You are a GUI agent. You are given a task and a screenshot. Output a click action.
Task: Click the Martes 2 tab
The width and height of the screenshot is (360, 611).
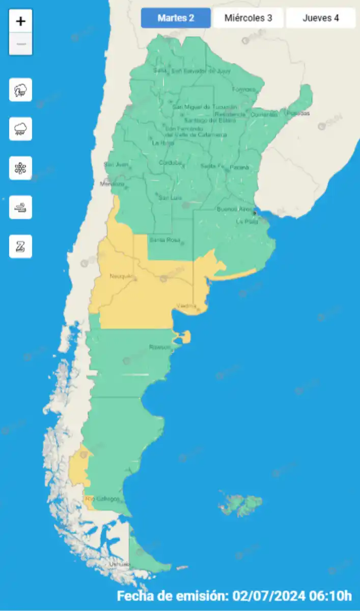point(176,18)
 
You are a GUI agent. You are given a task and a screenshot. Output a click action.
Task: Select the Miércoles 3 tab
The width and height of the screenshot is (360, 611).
point(248,18)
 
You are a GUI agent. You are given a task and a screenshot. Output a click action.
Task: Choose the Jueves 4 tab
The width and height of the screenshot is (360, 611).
point(321,18)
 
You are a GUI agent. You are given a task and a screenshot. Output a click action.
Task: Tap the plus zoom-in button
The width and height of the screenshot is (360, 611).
point(21,21)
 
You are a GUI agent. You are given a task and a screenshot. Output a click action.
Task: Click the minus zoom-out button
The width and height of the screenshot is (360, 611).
point(21,44)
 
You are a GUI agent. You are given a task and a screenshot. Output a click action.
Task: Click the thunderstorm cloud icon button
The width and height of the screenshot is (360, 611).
point(21,90)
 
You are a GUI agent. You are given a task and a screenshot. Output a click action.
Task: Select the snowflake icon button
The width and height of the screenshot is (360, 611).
point(21,168)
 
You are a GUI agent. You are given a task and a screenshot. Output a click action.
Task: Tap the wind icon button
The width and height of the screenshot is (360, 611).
point(21,207)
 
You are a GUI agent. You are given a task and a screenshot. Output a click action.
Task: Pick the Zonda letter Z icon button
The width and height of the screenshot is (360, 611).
point(21,246)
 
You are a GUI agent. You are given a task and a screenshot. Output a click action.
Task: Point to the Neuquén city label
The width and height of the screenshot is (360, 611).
point(121,276)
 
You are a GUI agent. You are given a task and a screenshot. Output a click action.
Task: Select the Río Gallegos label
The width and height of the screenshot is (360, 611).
point(103,499)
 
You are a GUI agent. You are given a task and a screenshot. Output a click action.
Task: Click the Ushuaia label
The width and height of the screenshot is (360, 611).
point(119,565)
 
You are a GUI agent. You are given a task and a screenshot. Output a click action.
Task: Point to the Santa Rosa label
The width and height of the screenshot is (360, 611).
point(162,239)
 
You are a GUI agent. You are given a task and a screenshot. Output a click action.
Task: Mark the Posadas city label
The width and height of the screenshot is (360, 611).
point(298,114)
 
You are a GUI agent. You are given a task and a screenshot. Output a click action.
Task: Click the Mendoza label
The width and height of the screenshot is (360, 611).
point(112,184)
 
